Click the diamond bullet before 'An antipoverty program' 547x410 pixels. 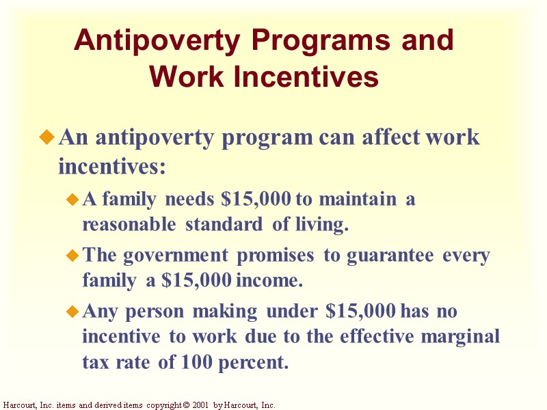(47, 138)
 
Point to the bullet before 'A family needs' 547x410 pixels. (72, 201)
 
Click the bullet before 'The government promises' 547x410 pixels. (72, 257)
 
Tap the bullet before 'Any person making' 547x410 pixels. (72, 312)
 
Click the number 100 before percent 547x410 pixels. (198, 362)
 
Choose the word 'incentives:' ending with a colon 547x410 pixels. (113, 165)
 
